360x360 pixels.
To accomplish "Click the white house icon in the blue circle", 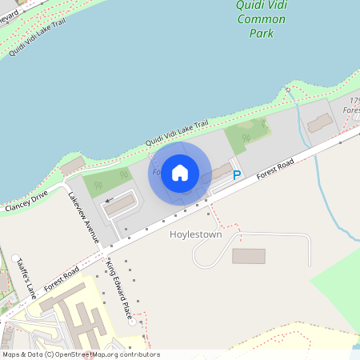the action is (180, 173).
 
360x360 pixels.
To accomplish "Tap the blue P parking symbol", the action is (236, 174).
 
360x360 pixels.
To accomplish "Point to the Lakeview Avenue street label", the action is (83, 218).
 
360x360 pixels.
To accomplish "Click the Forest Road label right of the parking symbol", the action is (276, 169).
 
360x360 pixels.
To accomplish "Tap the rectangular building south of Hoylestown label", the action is (248, 256).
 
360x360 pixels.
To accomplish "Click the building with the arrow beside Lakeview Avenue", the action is (121, 206).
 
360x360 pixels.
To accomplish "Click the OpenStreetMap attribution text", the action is (80, 354).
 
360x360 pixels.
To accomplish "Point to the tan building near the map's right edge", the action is (321, 122).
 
